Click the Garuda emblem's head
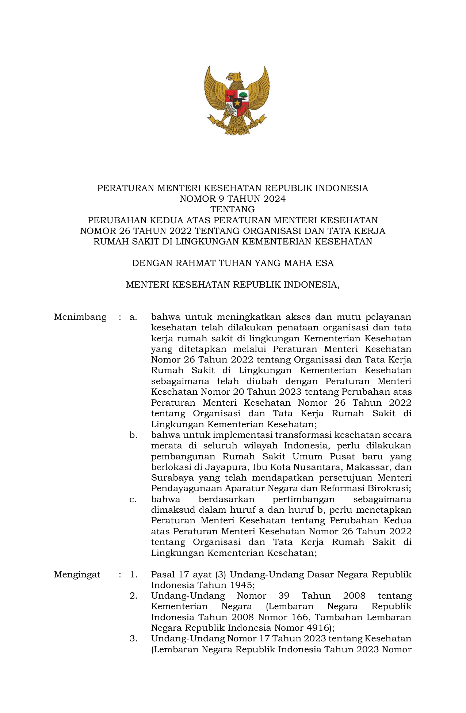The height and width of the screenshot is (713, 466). point(234,77)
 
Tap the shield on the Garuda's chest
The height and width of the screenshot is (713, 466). point(236,101)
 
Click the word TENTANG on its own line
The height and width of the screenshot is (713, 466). point(233,209)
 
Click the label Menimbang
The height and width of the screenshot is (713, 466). point(80,317)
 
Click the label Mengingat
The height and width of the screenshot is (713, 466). point(77,574)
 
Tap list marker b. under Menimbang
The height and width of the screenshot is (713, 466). point(133,435)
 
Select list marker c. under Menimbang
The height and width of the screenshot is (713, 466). point(133,499)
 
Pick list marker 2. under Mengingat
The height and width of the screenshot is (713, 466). point(133,596)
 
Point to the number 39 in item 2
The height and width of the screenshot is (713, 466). point(284,596)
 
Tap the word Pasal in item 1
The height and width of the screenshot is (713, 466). point(163,574)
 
